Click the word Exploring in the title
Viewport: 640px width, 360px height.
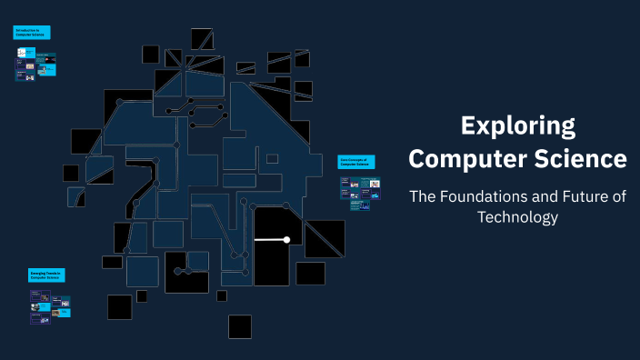click(517, 125)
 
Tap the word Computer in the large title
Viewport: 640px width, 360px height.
click(462, 159)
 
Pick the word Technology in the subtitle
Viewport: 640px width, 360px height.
click(517, 217)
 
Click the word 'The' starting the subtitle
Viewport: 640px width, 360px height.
click(424, 195)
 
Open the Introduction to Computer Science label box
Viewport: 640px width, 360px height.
click(32, 33)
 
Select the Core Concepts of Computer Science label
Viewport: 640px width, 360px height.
click(358, 161)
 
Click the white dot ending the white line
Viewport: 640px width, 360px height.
click(286, 240)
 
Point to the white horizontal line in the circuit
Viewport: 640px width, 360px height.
click(270, 240)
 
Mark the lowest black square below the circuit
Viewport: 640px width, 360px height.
click(240, 326)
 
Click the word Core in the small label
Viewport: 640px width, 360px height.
click(345, 158)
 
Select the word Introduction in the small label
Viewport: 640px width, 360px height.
click(25, 30)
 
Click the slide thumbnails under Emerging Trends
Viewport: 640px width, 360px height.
click(49, 306)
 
